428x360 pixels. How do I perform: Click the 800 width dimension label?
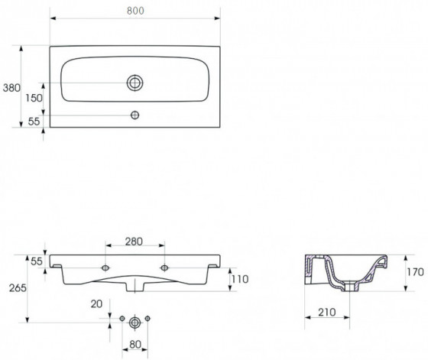pyautogui.click(x=135, y=11)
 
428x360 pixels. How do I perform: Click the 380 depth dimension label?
pyautogui.click(x=11, y=88)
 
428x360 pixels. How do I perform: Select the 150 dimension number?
pyautogui.click(x=34, y=98)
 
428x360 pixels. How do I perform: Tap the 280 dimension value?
pyautogui.click(x=134, y=242)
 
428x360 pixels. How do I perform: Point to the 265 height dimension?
pyautogui.click(x=18, y=288)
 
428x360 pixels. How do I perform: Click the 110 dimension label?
pyautogui.click(x=240, y=279)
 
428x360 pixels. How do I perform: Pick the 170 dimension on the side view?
pyautogui.click(x=415, y=272)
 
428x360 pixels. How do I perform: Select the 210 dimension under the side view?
pyautogui.click(x=327, y=312)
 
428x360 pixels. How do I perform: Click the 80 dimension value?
pyautogui.click(x=135, y=345)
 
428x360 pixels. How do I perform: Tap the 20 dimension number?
pyautogui.click(x=96, y=303)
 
